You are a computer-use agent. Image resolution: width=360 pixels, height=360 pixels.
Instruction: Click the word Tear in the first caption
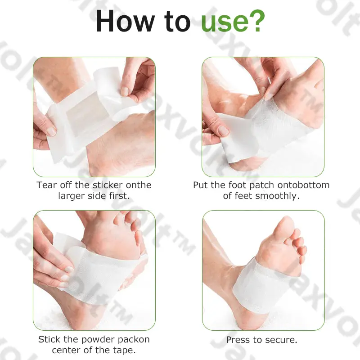coord(46,185)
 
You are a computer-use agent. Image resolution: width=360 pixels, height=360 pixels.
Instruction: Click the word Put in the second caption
coord(201,185)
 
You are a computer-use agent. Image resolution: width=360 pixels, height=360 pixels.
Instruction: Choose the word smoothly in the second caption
coord(277,196)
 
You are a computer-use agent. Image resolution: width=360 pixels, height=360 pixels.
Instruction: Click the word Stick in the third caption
coord(48,339)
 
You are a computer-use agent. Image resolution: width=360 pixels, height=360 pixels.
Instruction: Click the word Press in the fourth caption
coord(237,340)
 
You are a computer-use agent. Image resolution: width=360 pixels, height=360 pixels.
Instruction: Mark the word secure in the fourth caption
coord(281,340)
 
